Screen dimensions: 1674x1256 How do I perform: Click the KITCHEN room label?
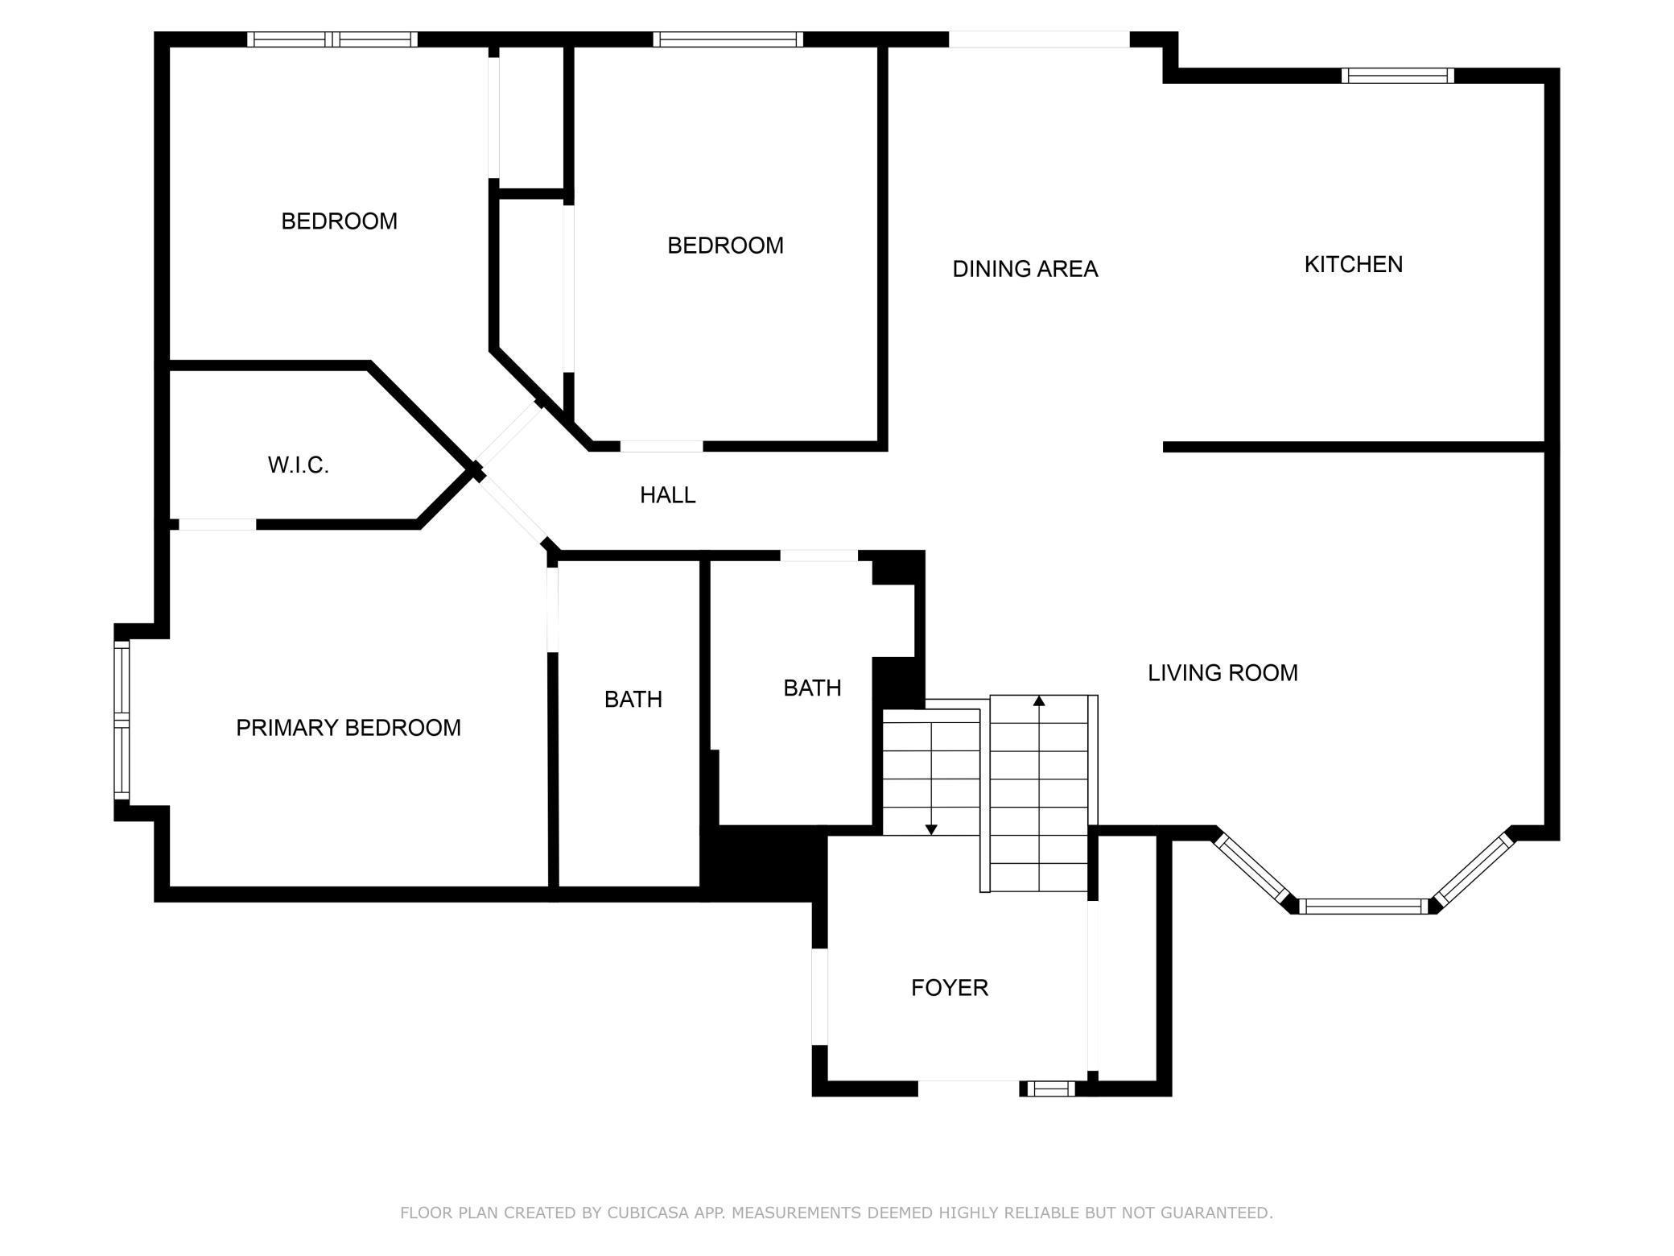click(x=1353, y=264)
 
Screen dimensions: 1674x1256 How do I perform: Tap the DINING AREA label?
click(x=1025, y=269)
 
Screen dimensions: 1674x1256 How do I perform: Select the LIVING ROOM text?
click(x=1223, y=673)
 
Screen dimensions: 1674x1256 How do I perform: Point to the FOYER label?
click(x=949, y=988)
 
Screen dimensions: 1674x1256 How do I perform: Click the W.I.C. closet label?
click(x=298, y=465)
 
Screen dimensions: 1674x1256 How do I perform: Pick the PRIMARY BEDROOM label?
click(x=348, y=728)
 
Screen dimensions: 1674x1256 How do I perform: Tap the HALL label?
click(x=667, y=495)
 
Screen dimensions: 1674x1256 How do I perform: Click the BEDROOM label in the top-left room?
click(x=339, y=221)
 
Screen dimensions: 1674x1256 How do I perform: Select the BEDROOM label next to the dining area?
click(x=725, y=246)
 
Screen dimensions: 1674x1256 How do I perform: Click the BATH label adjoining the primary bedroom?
click(x=633, y=700)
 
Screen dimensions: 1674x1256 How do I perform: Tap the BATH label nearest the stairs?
click(x=812, y=688)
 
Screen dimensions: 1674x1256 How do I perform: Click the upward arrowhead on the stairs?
click(x=1039, y=701)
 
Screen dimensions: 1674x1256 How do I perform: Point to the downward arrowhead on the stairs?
click(x=931, y=828)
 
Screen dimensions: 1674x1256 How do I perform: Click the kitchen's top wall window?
click(x=1398, y=76)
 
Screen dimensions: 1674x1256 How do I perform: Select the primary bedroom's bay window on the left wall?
click(x=122, y=720)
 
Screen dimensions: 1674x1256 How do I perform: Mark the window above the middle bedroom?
click(x=728, y=39)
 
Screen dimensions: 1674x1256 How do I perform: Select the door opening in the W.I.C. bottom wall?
click(x=217, y=524)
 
